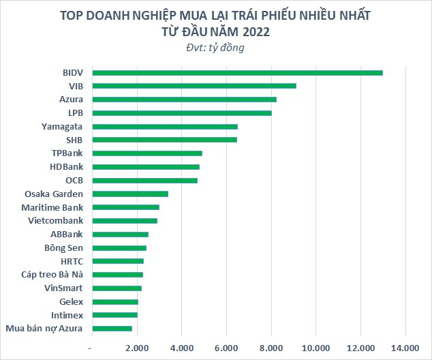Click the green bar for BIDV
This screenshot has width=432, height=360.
[237, 72]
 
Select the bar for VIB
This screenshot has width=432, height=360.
[194, 86]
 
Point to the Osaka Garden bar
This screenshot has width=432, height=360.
[130, 194]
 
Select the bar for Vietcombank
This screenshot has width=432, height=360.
[125, 221]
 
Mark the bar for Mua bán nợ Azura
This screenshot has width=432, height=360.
[112, 329]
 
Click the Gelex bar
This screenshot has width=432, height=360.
[115, 301]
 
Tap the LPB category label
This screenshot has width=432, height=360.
[75, 113]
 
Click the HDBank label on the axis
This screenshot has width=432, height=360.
[66, 167]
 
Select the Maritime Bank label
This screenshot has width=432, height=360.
[52, 207]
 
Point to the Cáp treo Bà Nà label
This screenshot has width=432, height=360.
[52, 275]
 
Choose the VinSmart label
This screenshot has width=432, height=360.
[62, 288]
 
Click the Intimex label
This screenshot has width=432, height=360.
[67, 315]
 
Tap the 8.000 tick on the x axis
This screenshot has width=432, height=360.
[271, 348]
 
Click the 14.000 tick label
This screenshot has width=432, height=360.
[405, 348]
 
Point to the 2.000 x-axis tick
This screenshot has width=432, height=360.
[137, 348]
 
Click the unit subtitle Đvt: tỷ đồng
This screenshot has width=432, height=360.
[215, 48]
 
